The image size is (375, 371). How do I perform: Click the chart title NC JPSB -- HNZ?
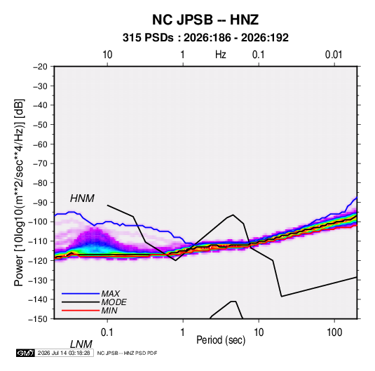point(205,20)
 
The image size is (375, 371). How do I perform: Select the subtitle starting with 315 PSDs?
point(205,38)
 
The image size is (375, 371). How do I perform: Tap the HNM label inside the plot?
point(82,198)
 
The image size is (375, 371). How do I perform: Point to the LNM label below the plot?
point(81,344)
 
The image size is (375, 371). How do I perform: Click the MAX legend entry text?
point(110,293)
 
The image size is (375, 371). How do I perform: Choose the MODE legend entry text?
point(114,302)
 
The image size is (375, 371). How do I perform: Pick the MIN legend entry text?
point(109,311)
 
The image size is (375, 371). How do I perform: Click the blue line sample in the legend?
point(81,293)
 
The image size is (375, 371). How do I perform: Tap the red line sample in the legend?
point(81,311)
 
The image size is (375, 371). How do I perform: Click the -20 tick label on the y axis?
point(40,67)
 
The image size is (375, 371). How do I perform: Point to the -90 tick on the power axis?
point(40,202)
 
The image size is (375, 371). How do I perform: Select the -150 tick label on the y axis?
point(38,319)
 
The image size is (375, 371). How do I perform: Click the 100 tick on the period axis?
point(334,332)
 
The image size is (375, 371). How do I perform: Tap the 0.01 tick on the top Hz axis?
point(334,55)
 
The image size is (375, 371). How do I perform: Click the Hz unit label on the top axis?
point(221,55)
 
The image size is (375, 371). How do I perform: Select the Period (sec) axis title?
point(221,340)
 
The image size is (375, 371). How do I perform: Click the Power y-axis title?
point(19,193)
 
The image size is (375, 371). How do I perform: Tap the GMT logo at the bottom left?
point(25,353)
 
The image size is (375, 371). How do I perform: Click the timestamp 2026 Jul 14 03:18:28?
point(64,353)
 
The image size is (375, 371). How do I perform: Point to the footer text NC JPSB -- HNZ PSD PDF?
point(127,353)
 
